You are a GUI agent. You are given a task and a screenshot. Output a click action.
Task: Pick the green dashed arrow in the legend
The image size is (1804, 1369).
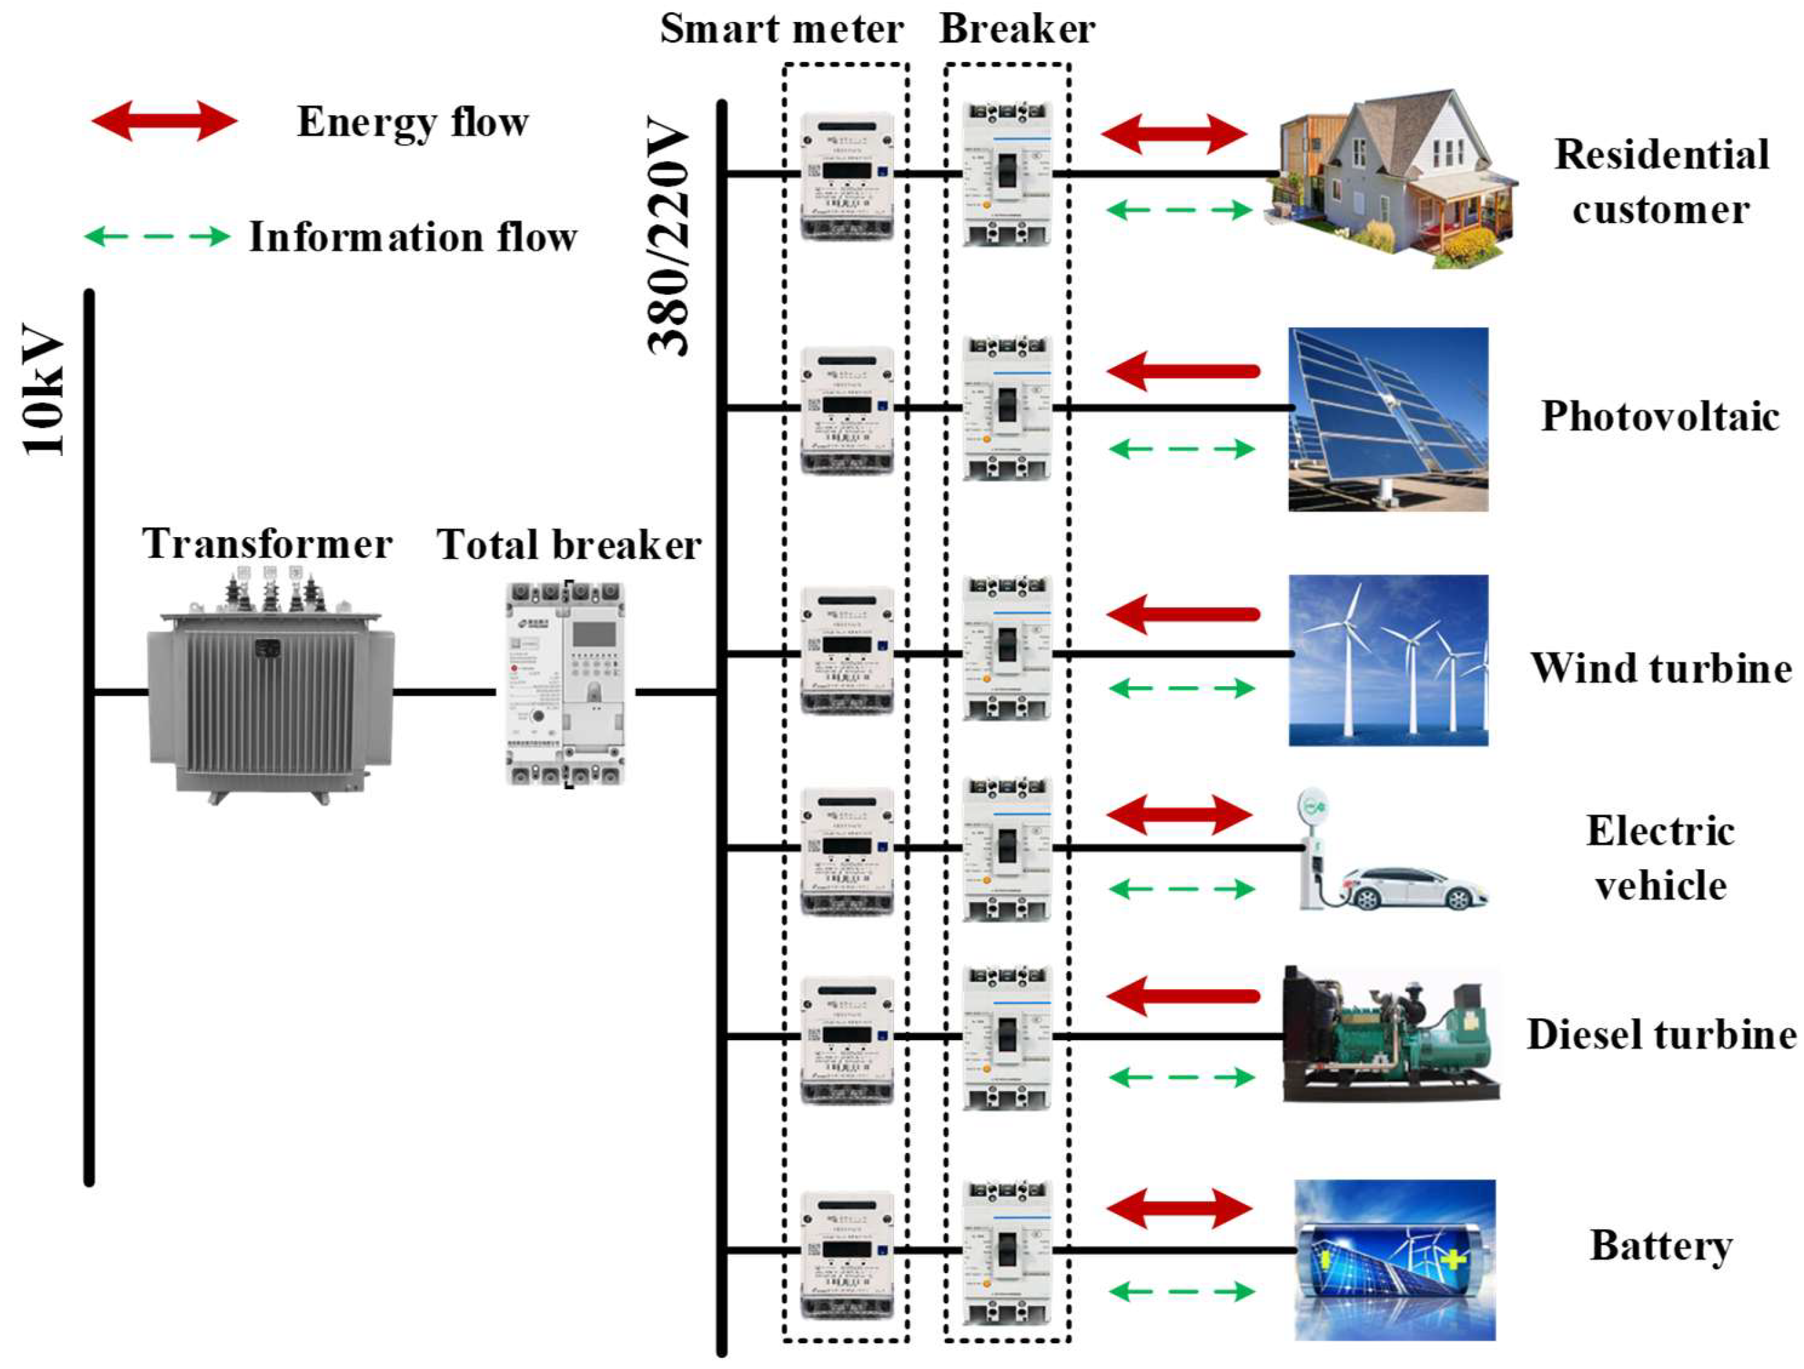pyautogui.click(x=157, y=237)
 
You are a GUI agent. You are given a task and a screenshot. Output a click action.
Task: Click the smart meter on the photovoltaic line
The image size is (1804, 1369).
pyautogui.click(x=846, y=410)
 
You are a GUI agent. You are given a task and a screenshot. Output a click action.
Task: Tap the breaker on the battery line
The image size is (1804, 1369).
pyautogui.click(x=1006, y=1252)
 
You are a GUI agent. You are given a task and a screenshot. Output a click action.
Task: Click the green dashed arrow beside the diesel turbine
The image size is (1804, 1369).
pyautogui.click(x=1181, y=1077)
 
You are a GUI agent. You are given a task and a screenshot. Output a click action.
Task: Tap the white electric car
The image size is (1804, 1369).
pyautogui.click(x=1415, y=889)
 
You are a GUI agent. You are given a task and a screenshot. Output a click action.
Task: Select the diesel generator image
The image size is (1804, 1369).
pyautogui.click(x=1390, y=1034)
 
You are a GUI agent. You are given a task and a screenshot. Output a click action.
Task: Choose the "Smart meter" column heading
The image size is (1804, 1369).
pyautogui.click(x=781, y=30)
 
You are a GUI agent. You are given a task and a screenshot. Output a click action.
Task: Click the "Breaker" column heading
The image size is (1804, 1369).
pyautogui.click(x=1016, y=30)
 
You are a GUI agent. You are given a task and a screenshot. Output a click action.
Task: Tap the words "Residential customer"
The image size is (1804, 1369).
pyautogui.click(x=1660, y=182)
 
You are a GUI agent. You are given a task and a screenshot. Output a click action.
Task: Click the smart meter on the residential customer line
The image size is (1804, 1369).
pyautogui.click(x=846, y=175)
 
